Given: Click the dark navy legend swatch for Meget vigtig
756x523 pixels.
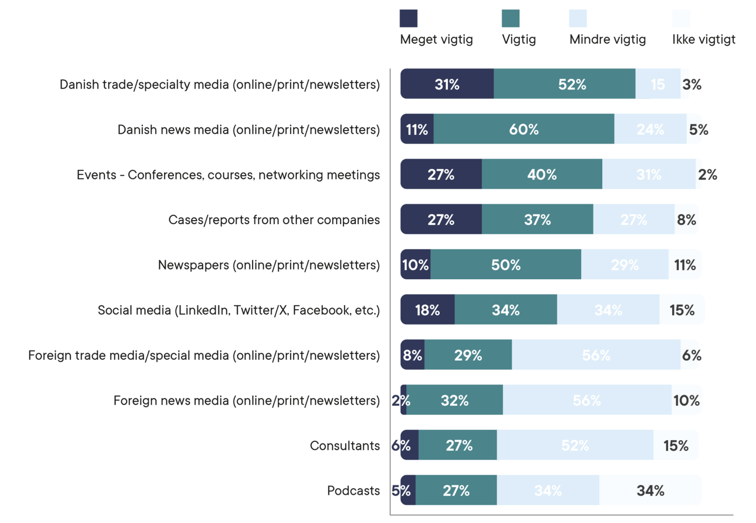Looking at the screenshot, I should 408,19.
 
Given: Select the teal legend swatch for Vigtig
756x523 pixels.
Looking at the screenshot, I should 510,19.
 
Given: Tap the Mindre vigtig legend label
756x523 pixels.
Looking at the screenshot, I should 607,40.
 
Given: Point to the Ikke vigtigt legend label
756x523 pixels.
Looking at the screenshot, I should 704,40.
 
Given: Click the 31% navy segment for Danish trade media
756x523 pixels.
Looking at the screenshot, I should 446,84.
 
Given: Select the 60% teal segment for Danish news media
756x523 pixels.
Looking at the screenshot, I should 524,129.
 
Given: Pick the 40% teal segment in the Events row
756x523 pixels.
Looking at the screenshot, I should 542,174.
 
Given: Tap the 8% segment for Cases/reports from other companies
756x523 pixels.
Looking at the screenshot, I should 687,220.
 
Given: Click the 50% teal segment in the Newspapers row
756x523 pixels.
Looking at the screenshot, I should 506,265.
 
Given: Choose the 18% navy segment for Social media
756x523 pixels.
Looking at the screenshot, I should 427,310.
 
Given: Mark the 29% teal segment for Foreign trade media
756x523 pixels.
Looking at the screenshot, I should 468,355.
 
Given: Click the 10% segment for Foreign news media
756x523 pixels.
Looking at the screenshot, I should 687,400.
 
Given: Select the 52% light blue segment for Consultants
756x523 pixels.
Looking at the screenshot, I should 575,445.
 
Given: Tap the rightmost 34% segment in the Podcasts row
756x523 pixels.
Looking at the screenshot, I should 650,491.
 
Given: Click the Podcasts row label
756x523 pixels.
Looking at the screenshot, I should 353,491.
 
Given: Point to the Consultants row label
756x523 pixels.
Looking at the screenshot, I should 345,445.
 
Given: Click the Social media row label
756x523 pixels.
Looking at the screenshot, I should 239,310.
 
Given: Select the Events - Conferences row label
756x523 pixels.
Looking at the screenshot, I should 228,175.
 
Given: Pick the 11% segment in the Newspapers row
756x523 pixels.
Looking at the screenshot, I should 685,265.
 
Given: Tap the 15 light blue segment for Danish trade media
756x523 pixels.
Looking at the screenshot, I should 657,84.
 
